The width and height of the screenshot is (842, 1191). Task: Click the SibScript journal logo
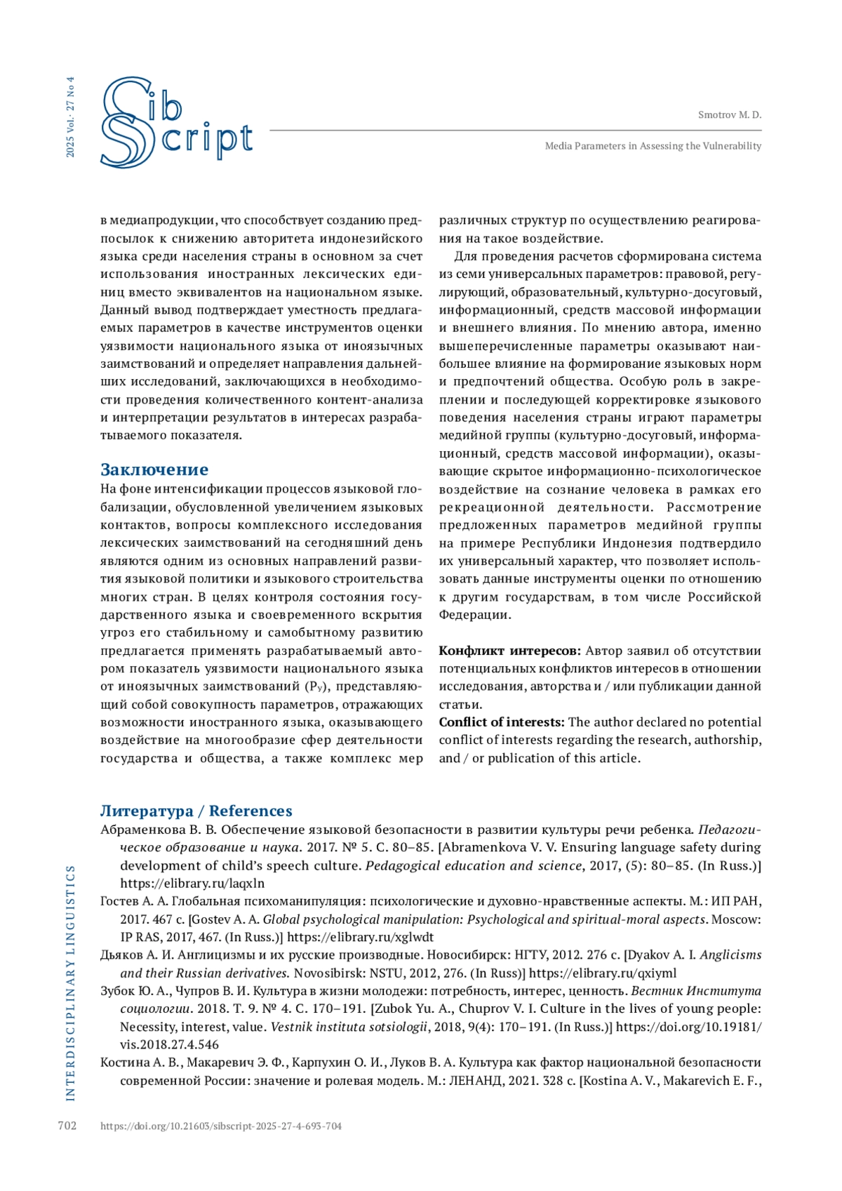click(175, 123)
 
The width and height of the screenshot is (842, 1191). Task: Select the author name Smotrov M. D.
click(729, 115)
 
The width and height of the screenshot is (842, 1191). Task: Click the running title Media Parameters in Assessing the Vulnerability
click(653, 146)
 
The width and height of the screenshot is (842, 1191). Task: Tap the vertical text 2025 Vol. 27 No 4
click(70, 117)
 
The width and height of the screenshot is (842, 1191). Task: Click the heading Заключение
click(154, 470)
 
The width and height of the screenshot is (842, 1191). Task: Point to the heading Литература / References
click(196, 811)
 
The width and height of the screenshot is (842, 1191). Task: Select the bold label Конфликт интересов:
click(509, 651)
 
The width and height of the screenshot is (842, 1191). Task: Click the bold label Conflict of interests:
click(502, 722)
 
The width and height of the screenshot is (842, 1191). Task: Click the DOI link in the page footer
click(221, 1126)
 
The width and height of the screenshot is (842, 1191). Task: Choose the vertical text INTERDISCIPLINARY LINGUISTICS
click(70, 983)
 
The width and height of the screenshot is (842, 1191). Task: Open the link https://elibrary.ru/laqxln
click(192, 884)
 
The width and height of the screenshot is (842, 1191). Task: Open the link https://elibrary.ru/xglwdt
click(360, 937)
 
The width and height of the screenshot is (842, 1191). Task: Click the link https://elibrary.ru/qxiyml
click(602, 973)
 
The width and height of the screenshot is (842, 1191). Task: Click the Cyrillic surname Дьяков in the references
click(121, 955)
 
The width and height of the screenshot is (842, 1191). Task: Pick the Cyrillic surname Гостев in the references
click(121, 901)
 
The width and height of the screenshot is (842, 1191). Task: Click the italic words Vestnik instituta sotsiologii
click(349, 1027)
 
